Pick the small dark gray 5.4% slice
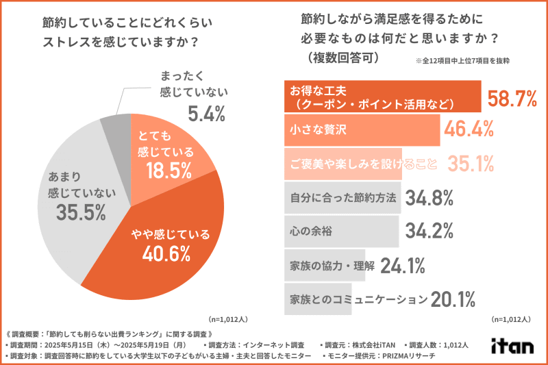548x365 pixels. [x=113, y=127]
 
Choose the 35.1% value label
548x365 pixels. [x=471, y=163]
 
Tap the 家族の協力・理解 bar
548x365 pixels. [x=329, y=265]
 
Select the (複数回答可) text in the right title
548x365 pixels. [x=339, y=59]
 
